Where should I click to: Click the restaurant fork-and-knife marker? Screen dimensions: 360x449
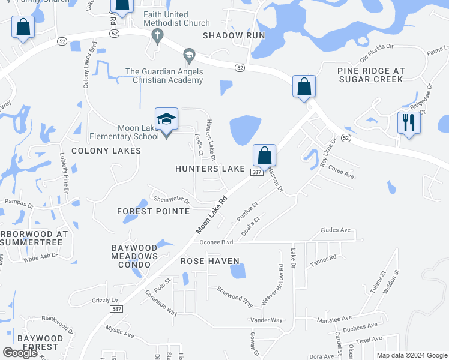click(x=409, y=123)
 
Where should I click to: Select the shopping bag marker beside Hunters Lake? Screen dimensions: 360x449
click(x=264, y=157)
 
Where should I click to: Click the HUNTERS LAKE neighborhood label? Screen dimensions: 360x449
click(x=210, y=169)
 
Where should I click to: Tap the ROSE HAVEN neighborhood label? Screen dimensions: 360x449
click(x=210, y=261)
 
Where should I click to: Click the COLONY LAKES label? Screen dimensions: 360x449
click(x=106, y=151)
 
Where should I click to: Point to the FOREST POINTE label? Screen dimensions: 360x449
click(x=153, y=211)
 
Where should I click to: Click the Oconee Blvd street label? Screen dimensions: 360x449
click(x=216, y=242)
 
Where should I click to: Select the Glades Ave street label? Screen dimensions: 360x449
click(x=335, y=230)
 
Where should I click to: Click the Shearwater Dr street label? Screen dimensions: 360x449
click(x=172, y=200)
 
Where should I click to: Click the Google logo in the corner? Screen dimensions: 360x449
click(x=20, y=353)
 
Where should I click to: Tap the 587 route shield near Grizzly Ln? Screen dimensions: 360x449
click(x=117, y=308)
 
